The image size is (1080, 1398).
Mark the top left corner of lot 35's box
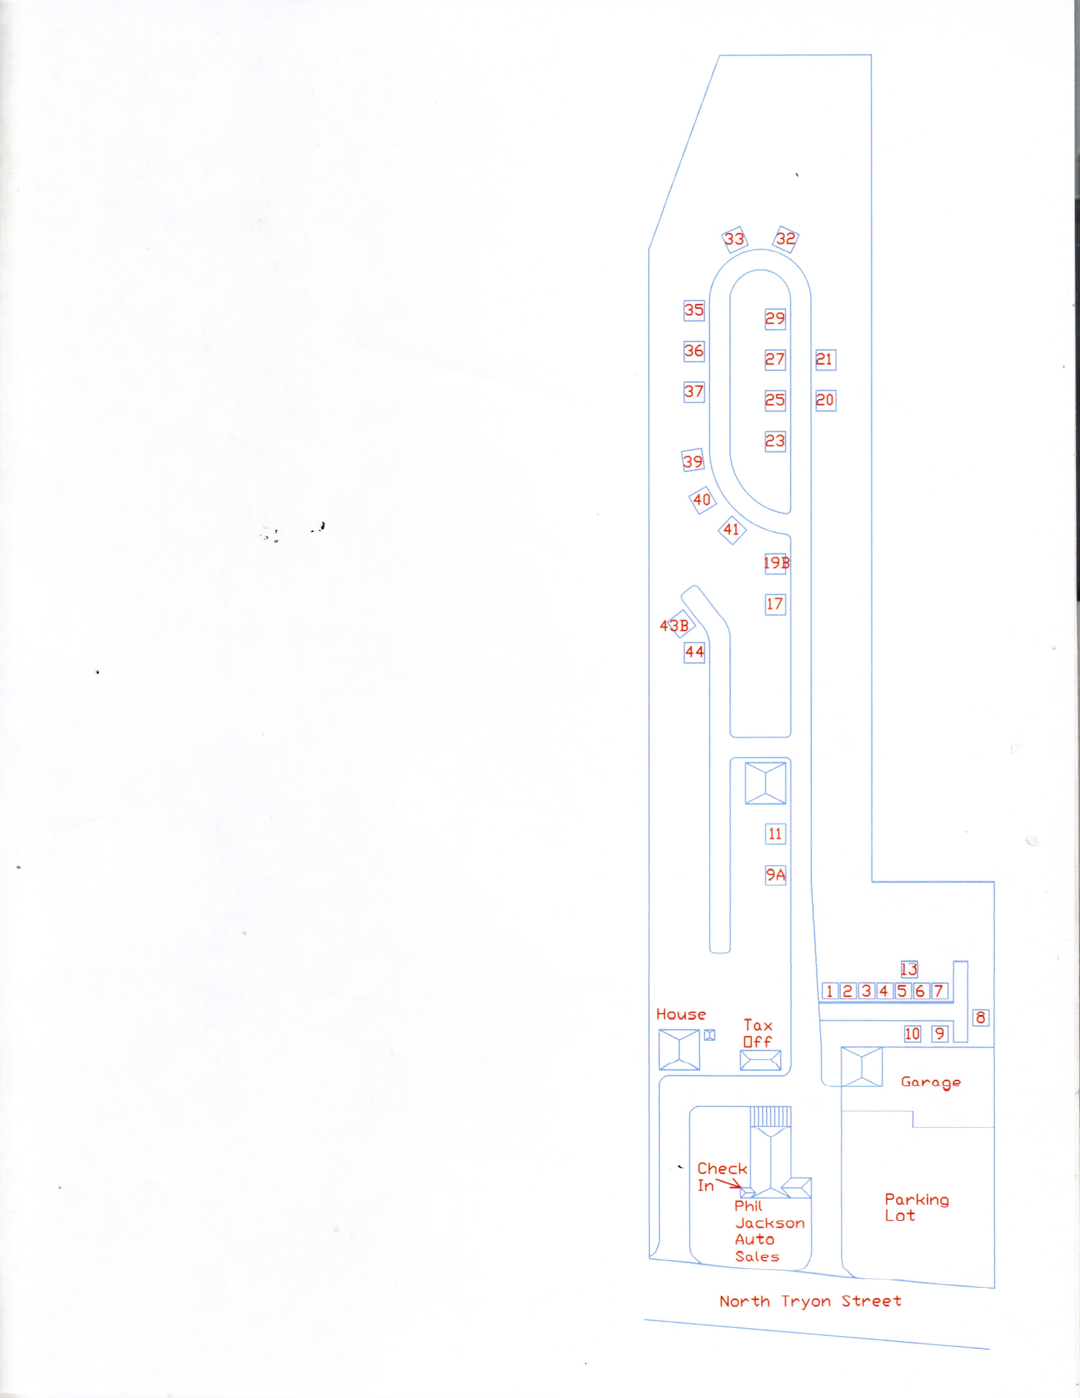tap(684, 300)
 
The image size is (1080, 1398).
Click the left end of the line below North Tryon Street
tap(644, 1320)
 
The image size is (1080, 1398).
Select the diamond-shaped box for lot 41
tap(732, 530)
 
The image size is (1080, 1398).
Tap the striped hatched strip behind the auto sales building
tap(770, 1117)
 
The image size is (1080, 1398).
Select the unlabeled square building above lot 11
tap(765, 783)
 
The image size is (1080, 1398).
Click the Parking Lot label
tap(917, 1207)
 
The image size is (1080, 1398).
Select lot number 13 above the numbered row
tap(908, 969)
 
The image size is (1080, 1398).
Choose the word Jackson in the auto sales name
tap(770, 1223)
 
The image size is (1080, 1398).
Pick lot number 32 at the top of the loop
tap(786, 239)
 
